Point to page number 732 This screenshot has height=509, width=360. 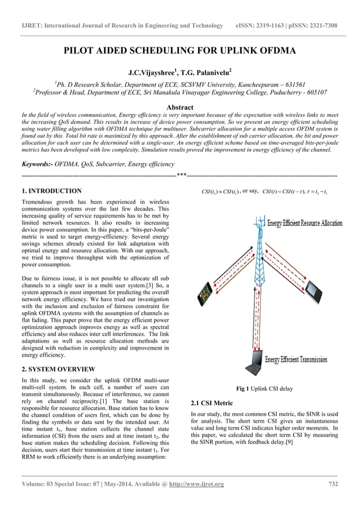332,484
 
